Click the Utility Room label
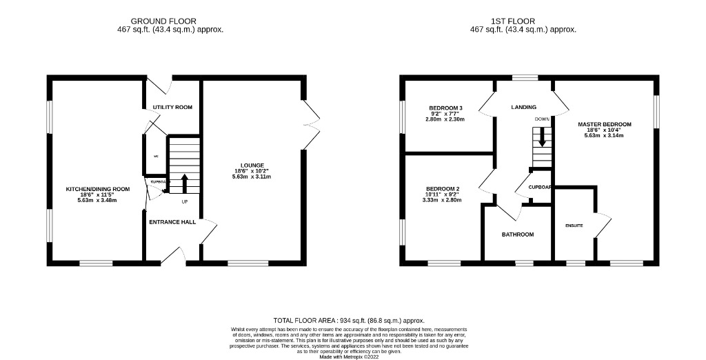pyautogui.click(x=172, y=108)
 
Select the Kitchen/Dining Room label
pyautogui.click(x=97, y=189)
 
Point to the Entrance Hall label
pyautogui.click(x=172, y=222)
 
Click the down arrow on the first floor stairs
pyautogui.click(x=542, y=137)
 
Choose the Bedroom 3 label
pyautogui.click(x=445, y=108)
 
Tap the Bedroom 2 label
pyautogui.click(x=442, y=189)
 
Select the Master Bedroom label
pyautogui.click(x=604, y=125)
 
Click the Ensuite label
pyautogui.click(x=574, y=226)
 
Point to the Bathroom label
pyautogui.click(x=517, y=234)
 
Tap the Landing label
pyautogui.click(x=523, y=108)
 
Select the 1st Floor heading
pyautogui.click(x=523, y=21)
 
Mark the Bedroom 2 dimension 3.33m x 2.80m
pyautogui.click(x=442, y=200)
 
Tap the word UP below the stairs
pyautogui.click(x=184, y=202)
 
